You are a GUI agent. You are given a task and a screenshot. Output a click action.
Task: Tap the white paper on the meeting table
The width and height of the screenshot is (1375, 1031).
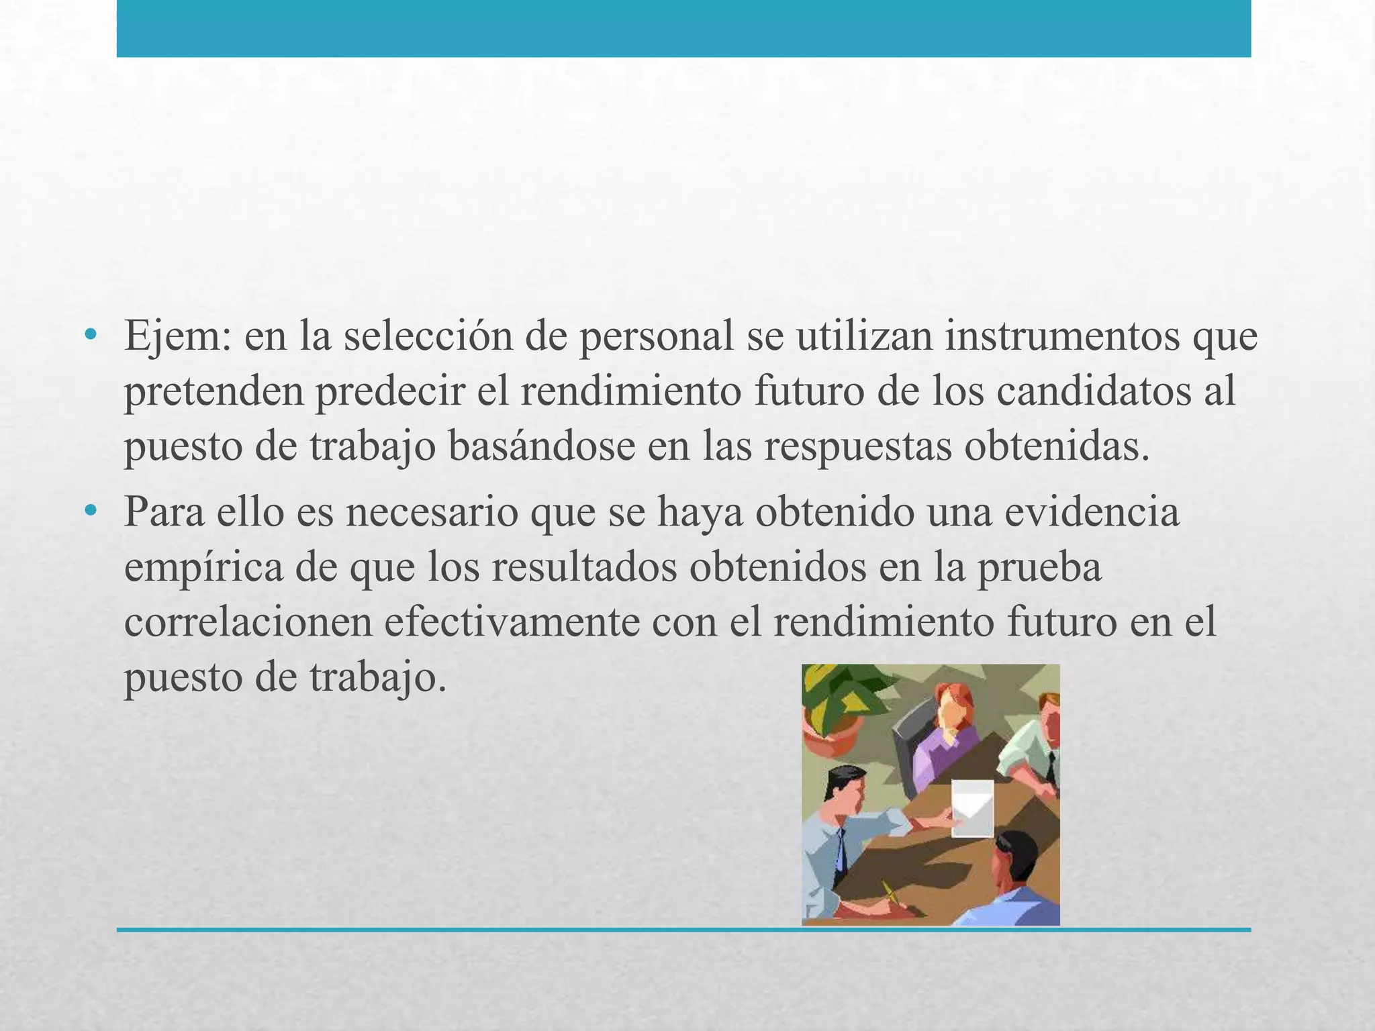tap(973, 807)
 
